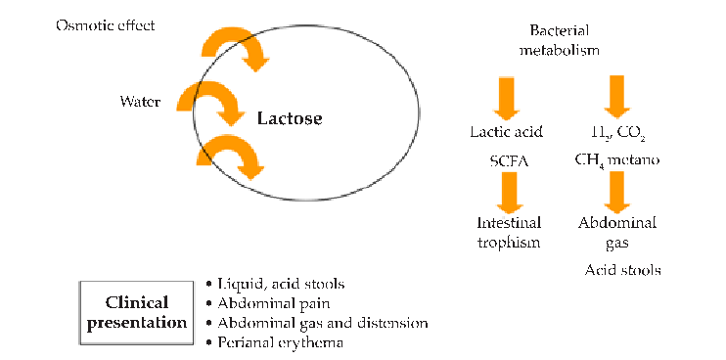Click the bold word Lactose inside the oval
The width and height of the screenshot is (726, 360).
pyautogui.click(x=289, y=119)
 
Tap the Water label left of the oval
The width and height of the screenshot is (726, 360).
pyautogui.click(x=139, y=101)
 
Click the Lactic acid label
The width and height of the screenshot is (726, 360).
pyautogui.click(x=506, y=131)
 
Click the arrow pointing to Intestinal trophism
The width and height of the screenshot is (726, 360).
pyautogui.click(x=507, y=192)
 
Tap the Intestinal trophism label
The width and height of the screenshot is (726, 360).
pyautogui.click(x=506, y=233)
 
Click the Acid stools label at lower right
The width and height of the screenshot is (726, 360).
pyautogui.click(x=622, y=269)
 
